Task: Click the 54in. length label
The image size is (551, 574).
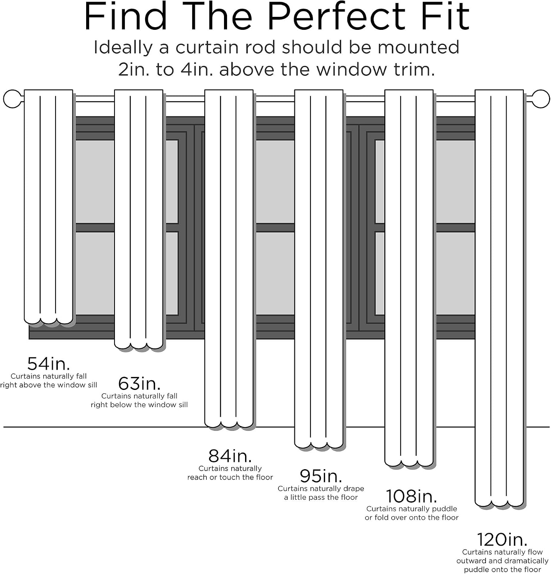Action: point(49,364)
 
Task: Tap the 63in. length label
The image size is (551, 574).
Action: point(139,383)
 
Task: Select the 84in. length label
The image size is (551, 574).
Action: point(230,456)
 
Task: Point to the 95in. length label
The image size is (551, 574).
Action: point(321,476)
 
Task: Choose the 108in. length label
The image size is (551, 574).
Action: point(411,496)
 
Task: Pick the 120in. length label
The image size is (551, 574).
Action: point(502,540)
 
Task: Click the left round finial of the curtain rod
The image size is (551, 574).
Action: point(12,99)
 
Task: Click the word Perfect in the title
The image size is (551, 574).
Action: point(335,17)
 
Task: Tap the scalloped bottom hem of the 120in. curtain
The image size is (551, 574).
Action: point(499,502)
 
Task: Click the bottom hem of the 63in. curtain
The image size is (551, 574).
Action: point(139,345)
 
